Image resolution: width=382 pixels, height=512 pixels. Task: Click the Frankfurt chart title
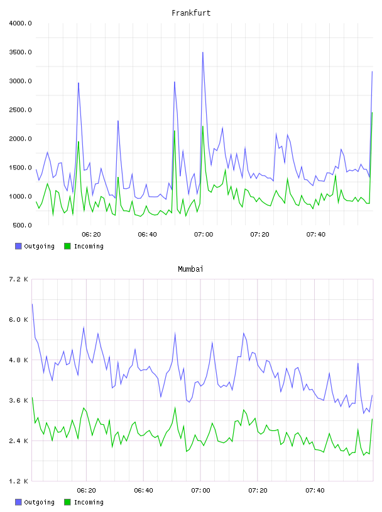click(191, 13)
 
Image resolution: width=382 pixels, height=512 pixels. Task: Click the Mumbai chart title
click(190, 269)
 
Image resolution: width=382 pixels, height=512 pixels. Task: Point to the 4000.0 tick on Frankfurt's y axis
click(20, 23)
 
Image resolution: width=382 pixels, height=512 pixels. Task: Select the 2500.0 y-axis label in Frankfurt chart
click(20, 110)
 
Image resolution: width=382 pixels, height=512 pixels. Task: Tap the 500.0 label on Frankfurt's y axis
click(22, 225)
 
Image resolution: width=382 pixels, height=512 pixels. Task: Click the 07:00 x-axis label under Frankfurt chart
click(204, 235)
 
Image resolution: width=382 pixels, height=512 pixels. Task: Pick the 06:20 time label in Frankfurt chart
click(91, 235)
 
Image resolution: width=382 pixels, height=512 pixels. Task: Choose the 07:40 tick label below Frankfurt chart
click(316, 235)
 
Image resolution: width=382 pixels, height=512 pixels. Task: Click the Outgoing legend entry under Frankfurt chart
click(35, 246)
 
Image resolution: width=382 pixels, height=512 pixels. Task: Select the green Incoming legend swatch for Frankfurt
click(67, 246)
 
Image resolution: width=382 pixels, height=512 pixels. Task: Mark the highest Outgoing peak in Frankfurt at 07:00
click(203, 52)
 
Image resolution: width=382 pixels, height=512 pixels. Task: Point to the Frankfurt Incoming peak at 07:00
click(203, 126)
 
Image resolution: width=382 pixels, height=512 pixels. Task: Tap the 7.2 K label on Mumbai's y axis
click(18, 279)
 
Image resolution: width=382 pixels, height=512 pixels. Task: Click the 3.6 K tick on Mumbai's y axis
click(18, 400)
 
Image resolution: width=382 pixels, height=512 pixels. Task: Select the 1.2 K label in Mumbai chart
click(18, 481)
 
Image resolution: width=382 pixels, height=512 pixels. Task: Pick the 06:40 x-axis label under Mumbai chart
click(144, 491)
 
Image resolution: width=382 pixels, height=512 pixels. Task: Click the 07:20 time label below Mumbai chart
click(258, 491)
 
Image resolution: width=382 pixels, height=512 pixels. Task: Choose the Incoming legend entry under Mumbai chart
click(84, 502)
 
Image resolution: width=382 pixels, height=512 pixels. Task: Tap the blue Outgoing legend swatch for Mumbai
click(18, 502)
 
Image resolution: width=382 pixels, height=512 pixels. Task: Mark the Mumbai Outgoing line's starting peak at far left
click(32, 304)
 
